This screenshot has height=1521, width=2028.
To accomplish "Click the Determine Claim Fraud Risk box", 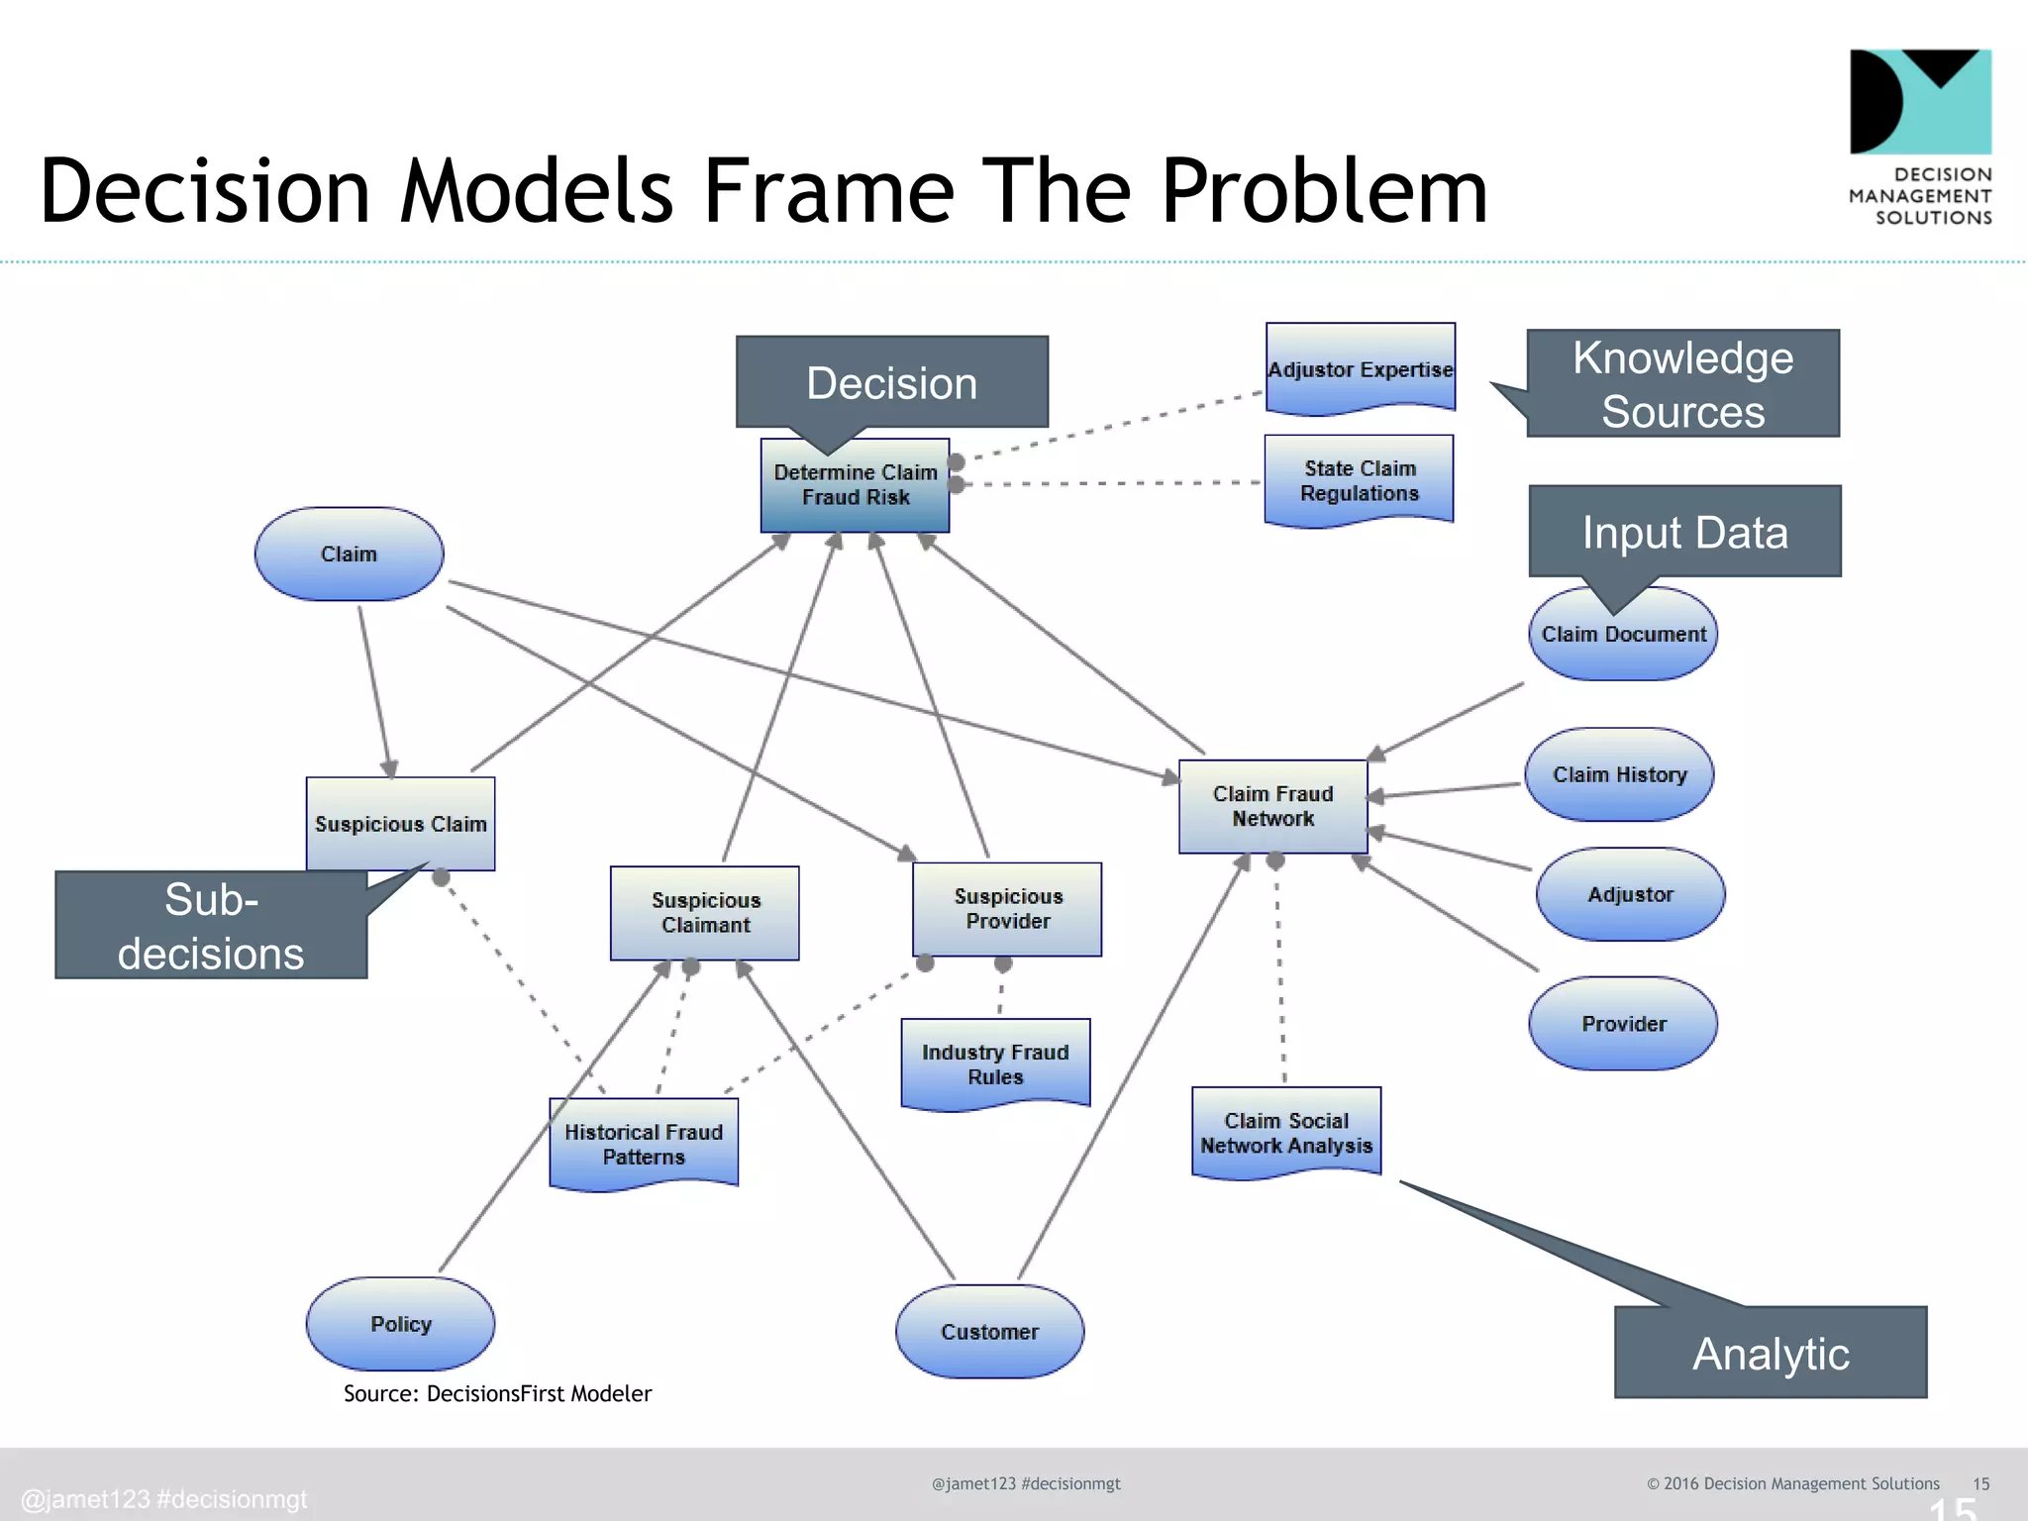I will [855, 485].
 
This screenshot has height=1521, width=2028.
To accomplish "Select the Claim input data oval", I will [349, 554].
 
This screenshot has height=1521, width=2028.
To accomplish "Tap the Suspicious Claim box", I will [400, 823].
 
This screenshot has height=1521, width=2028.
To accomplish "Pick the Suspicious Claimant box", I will [705, 912].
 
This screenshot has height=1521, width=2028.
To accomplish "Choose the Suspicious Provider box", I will [1007, 908].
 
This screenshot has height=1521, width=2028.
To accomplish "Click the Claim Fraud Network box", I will [1272, 806].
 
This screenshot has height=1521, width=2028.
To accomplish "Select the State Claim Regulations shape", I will [1359, 479].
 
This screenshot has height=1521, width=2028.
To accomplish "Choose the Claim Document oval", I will [1623, 635].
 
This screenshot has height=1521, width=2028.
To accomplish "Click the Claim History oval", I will [1619, 774].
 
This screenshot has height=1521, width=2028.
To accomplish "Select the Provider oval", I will [1623, 1023].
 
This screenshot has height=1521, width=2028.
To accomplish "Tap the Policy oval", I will [400, 1324].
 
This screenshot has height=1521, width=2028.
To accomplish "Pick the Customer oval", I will [989, 1332].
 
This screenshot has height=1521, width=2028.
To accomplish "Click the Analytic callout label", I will [1770, 1353].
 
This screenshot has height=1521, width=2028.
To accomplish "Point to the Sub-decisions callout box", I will [211, 926].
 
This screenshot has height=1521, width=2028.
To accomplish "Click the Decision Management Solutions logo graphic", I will [1920, 101].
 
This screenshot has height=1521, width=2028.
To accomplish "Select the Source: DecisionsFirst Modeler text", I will [497, 1393].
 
